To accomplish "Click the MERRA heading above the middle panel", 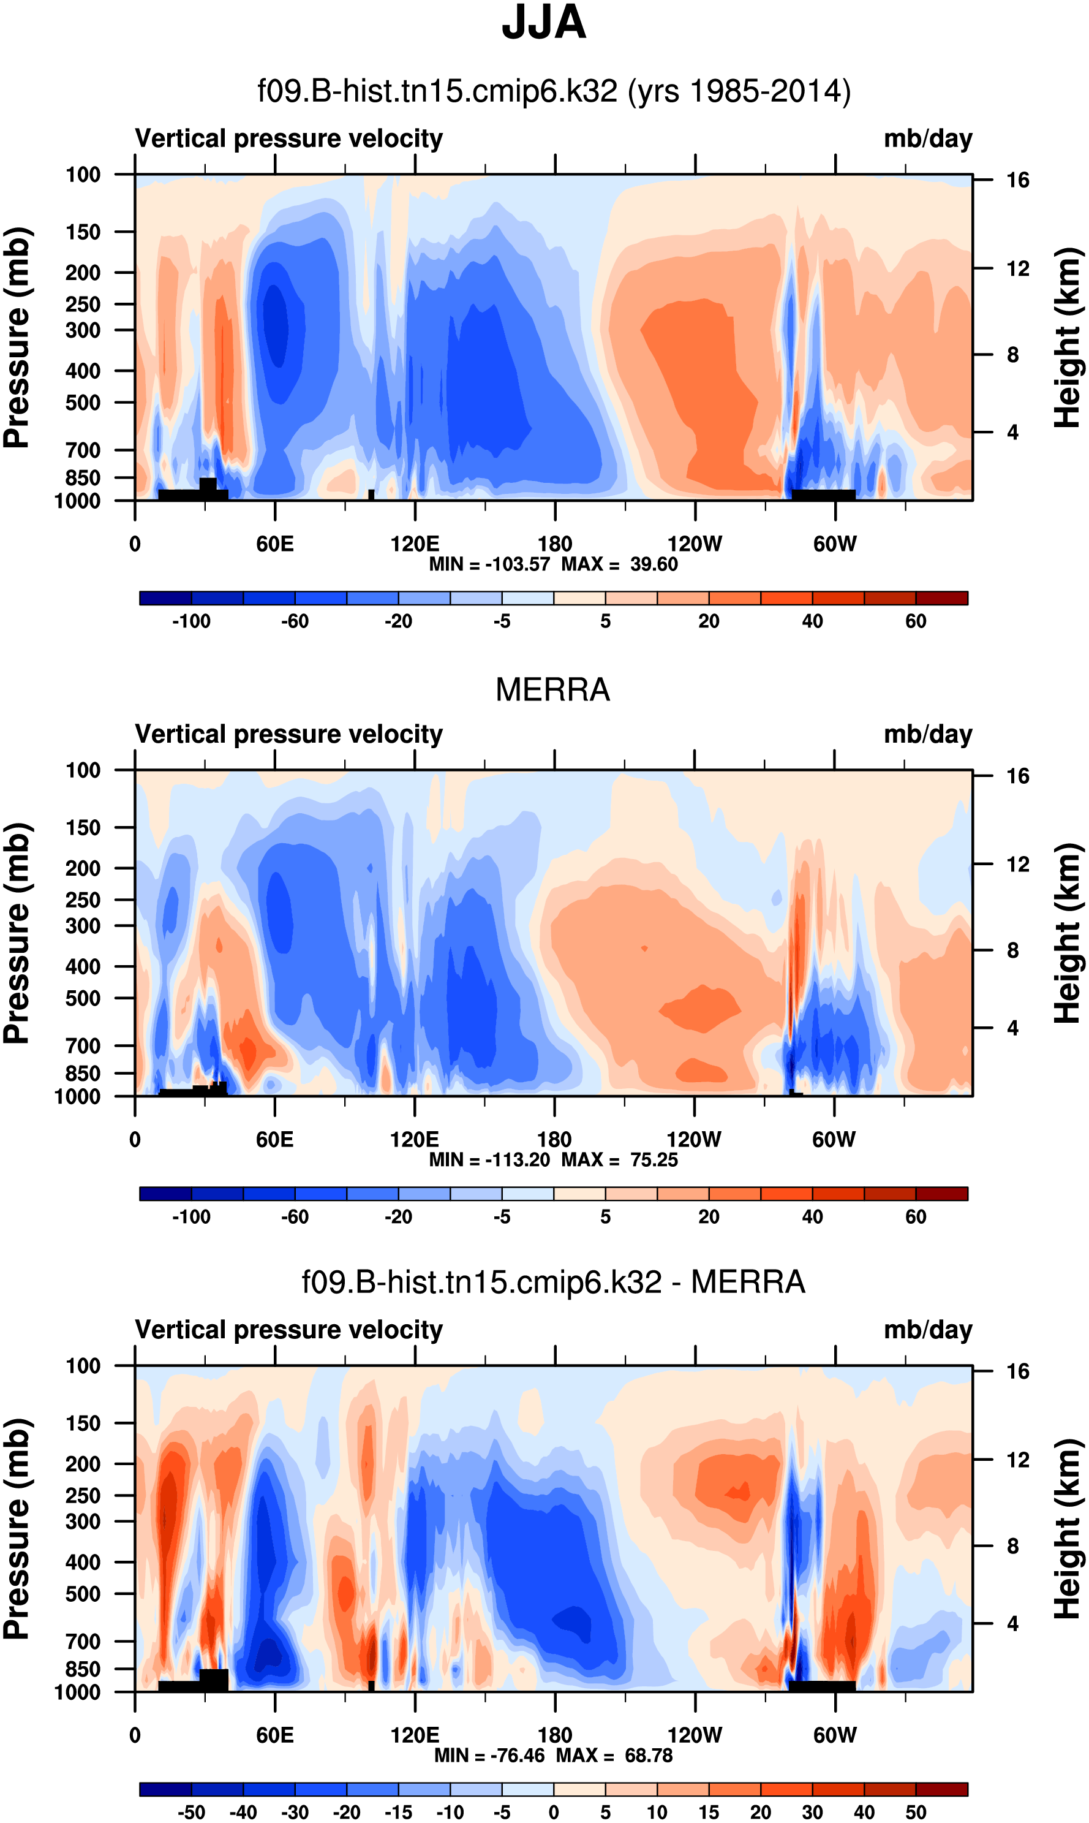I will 552,690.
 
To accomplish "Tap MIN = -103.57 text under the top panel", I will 489,564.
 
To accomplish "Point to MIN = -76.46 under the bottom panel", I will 492,1756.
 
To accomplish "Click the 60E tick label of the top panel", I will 275,544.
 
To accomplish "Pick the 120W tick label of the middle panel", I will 693,1140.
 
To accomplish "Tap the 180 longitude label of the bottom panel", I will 555,1735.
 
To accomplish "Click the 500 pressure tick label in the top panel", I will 83,403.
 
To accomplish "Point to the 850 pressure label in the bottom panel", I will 83,1669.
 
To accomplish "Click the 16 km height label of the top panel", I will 1017,180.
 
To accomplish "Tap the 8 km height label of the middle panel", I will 1012,951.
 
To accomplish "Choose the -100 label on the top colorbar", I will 192,622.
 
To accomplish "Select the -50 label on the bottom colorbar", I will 192,1812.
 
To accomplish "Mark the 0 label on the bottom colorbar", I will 554,1812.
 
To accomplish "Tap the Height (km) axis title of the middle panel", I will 1068,933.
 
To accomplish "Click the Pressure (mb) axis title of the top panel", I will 18,338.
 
